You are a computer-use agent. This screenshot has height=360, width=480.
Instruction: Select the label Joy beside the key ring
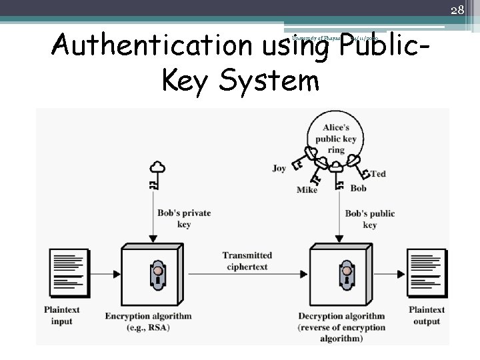(279, 169)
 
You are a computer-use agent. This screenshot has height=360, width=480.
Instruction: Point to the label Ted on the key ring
(378, 174)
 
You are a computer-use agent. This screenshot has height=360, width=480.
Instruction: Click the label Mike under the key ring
(307, 190)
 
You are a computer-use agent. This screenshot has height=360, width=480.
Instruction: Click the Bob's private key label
(184, 219)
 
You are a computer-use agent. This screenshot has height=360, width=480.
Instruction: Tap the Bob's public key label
(370, 219)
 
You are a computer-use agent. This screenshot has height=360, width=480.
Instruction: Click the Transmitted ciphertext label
(247, 261)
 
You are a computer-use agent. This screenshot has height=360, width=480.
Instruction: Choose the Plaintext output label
(427, 315)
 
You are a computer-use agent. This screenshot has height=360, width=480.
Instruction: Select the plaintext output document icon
(427, 273)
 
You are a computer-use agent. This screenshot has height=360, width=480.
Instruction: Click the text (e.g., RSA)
(148, 327)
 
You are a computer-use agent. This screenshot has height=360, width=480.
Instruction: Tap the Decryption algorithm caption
(341, 316)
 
